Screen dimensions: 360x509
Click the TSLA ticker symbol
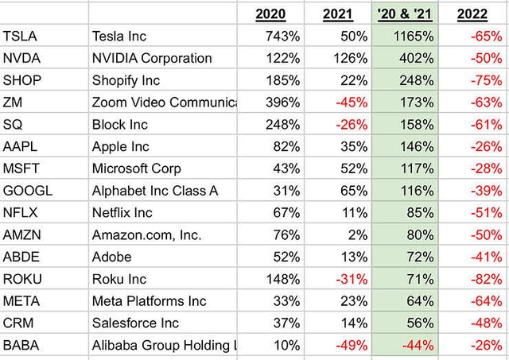(21, 37)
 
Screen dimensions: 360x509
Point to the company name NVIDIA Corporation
(152, 58)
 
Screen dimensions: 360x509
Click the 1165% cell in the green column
(412, 37)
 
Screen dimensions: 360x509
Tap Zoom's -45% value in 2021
(350, 103)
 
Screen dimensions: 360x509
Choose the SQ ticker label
(14, 125)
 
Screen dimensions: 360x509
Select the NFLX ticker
(21, 213)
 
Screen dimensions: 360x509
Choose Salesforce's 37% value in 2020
(286, 323)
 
